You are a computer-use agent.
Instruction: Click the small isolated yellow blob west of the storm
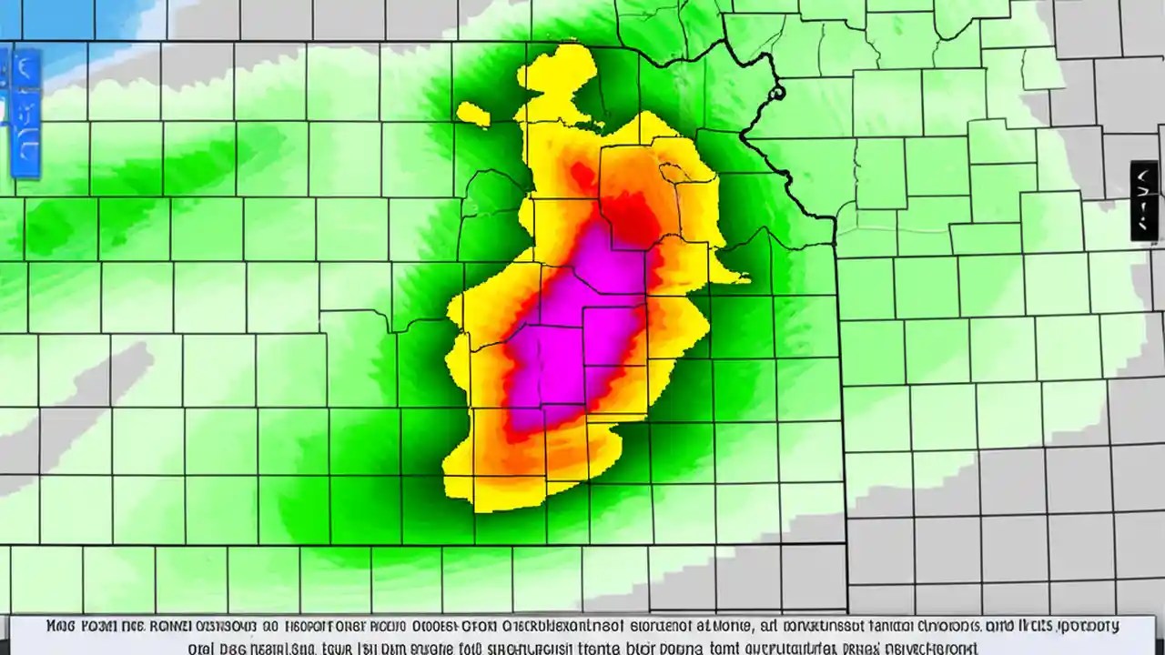(x=472, y=114)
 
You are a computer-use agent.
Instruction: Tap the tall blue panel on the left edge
(x=25, y=113)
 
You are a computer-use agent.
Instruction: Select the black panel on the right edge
(x=1144, y=200)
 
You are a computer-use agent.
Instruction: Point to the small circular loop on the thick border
(x=775, y=92)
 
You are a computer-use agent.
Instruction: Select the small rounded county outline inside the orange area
(x=675, y=172)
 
